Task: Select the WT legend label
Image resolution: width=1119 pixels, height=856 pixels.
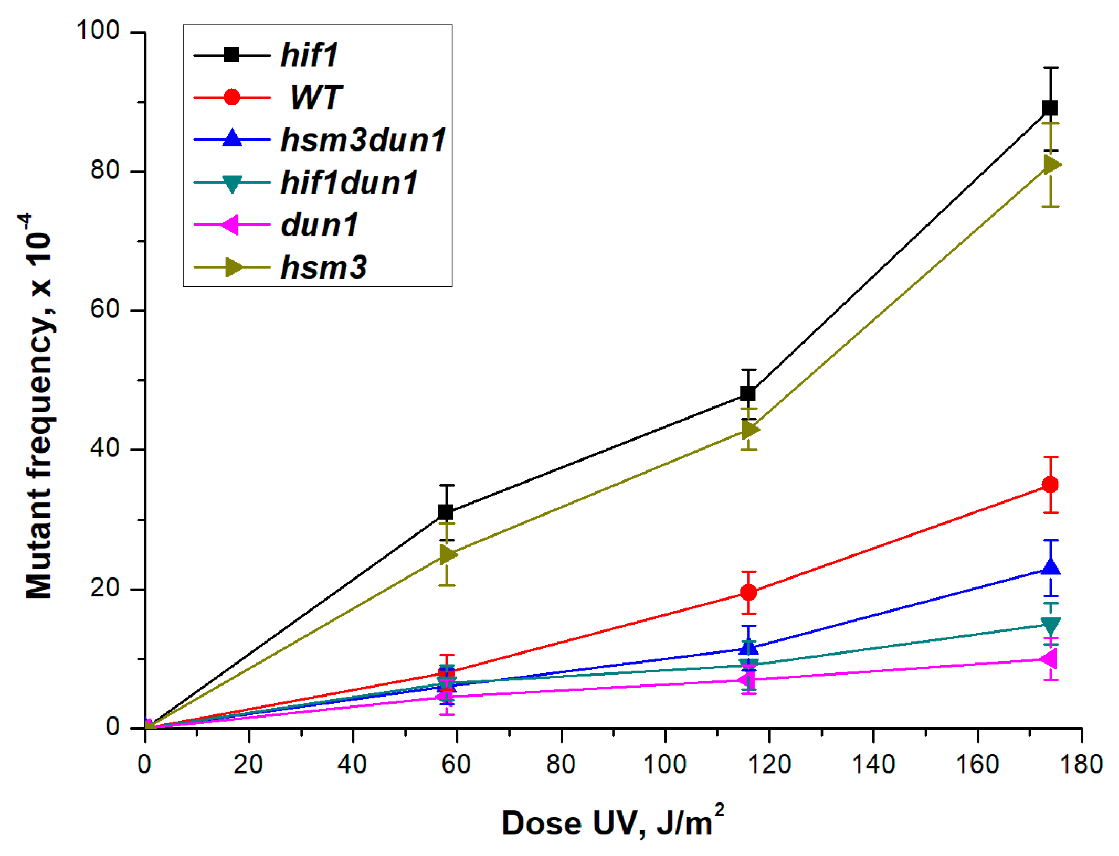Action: pyautogui.click(x=316, y=97)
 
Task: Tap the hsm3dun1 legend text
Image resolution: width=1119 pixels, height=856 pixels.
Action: pyautogui.click(x=363, y=140)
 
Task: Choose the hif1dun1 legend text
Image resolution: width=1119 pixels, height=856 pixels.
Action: pyautogui.click(x=349, y=183)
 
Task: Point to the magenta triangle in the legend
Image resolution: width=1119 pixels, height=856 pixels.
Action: pyautogui.click(x=230, y=225)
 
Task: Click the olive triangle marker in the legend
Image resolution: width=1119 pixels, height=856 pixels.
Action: pyautogui.click(x=233, y=267)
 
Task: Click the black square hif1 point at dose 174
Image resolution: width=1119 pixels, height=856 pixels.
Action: pyautogui.click(x=1049, y=109)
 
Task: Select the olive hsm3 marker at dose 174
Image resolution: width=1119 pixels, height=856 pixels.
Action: pyautogui.click(x=1051, y=165)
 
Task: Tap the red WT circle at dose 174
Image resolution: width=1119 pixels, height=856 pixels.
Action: pyautogui.click(x=1050, y=485)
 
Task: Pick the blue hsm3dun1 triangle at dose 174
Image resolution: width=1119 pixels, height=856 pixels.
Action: pyautogui.click(x=1050, y=567)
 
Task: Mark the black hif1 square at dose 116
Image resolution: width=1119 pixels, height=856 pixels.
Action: pyautogui.click(x=747, y=393)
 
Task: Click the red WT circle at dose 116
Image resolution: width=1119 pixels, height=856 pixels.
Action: pyautogui.click(x=748, y=593)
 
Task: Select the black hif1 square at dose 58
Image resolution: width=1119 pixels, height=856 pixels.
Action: pyautogui.click(x=446, y=512)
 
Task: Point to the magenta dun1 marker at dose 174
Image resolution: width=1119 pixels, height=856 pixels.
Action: pyautogui.click(x=1048, y=659)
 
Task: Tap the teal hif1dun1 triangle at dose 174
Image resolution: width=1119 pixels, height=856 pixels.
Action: pyautogui.click(x=1050, y=625)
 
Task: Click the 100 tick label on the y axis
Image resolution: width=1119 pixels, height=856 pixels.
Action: pyautogui.click(x=98, y=31)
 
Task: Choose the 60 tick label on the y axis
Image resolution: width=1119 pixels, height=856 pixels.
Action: pyautogui.click(x=105, y=309)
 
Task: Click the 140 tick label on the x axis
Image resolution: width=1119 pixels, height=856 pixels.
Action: pyautogui.click(x=873, y=764)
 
